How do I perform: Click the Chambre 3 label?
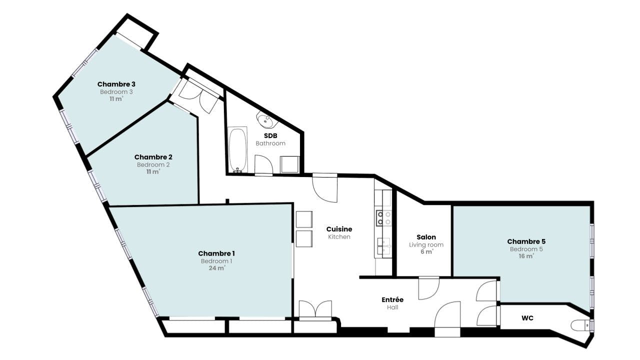[x=116, y=84]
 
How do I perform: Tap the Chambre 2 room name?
[x=153, y=157]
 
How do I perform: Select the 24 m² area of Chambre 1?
[x=217, y=268]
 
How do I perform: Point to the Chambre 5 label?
[x=526, y=241]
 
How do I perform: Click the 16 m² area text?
[x=526, y=256]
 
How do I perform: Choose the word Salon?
[x=426, y=237]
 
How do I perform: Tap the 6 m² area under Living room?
[x=427, y=251]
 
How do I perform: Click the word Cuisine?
[x=339, y=229]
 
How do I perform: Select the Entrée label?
[x=392, y=299]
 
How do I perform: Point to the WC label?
[x=527, y=318]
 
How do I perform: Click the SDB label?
[x=270, y=135]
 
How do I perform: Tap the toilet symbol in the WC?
[x=580, y=325]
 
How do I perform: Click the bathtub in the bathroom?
[x=237, y=149]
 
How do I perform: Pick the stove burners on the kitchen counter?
[x=383, y=218]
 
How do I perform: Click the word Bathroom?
[x=270, y=143]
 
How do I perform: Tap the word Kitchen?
[x=339, y=237]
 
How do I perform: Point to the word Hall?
[x=392, y=307]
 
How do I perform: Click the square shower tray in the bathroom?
[x=289, y=164]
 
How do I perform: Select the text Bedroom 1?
[x=216, y=261]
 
